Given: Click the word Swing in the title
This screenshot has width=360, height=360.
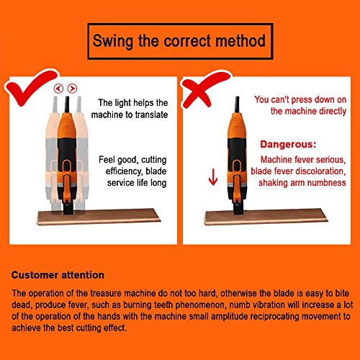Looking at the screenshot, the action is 113,41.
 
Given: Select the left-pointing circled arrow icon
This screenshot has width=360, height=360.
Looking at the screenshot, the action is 58,89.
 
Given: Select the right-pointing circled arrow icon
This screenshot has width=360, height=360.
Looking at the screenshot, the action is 72,89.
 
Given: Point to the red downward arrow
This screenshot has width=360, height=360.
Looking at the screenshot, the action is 213,177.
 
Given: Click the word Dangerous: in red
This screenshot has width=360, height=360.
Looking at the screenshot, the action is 288,145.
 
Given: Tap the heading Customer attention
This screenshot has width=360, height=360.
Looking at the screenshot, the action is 58,275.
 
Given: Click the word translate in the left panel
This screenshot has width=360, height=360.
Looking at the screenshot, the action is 151,114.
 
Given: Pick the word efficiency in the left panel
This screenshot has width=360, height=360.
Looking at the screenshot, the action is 123,171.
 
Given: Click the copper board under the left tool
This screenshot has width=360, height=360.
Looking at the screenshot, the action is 99,217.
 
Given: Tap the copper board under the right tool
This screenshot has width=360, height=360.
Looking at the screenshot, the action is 266,217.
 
